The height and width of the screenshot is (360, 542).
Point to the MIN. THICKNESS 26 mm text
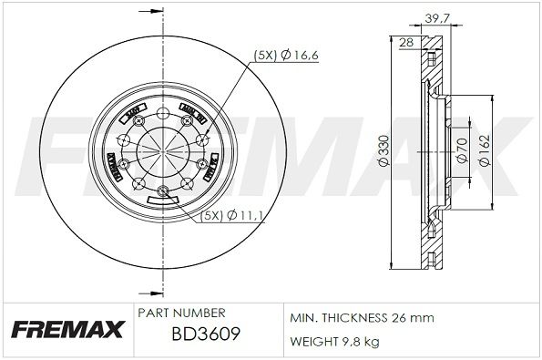point(362,317)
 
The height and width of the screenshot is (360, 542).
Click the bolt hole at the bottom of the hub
point(163,190)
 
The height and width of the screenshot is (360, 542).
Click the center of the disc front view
point(163,148)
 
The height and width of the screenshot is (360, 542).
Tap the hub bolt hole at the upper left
point(123,139)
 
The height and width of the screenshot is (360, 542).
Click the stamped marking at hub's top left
point(133,113)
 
